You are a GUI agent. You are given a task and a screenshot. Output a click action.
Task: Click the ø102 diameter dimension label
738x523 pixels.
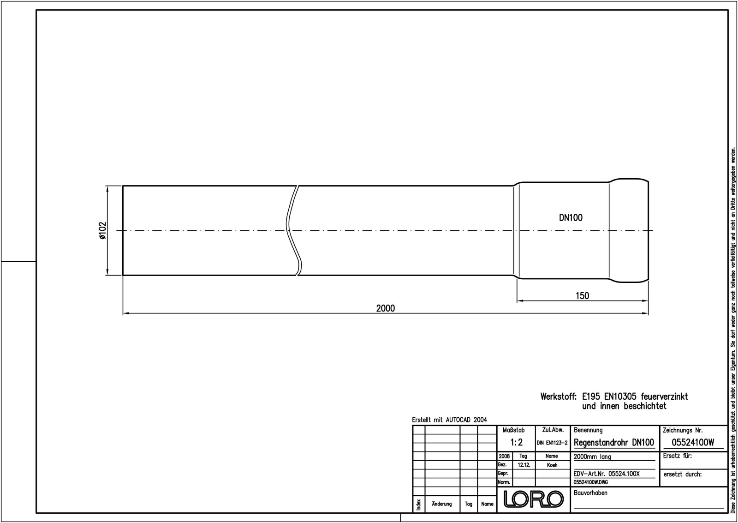[x=102, y=230]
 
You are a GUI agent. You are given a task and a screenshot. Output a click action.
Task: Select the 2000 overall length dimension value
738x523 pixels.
[x=386, y=308]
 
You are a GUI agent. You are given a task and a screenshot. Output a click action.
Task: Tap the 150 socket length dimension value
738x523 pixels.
[x=582, y=295]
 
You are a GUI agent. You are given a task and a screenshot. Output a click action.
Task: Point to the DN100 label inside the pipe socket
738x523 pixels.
[x=571, y=217]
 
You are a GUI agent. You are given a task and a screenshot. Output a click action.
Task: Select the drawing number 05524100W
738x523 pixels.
[x=693, y=443]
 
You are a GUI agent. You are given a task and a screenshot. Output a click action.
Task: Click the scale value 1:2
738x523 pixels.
[x=516, y=442]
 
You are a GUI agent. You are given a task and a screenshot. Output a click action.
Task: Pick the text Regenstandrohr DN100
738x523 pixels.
[x=614, y=443]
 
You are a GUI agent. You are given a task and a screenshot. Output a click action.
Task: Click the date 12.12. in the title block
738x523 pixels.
[x=524, y=465]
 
